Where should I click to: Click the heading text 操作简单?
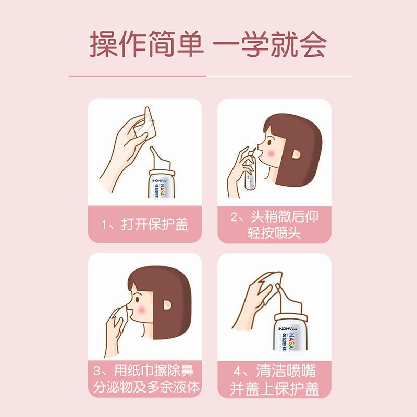coord(146,45)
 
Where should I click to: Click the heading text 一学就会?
coord(271,45)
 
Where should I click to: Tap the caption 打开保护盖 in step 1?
coord(155,225)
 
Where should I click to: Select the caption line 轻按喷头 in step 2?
coord(274,232)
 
